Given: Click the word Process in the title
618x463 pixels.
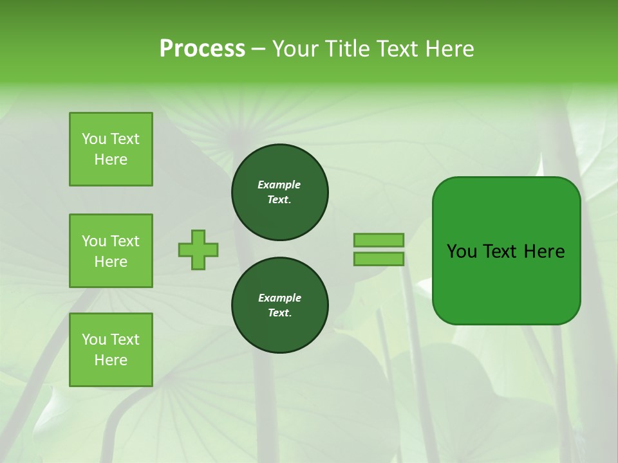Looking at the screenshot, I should [x=202, y=49].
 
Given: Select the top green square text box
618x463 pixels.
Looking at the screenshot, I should [x=111, y=149].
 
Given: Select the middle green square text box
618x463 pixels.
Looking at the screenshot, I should [x=111, y=251].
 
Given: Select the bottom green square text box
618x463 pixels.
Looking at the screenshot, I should [x=111, y=350].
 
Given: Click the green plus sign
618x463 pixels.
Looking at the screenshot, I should [x=198, y=250].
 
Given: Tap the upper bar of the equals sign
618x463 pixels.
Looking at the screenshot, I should [x=379, y=240].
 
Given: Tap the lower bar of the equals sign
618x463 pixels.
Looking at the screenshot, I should [x=379, y=259].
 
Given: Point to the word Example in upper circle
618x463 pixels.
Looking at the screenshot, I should [x=279, y=185].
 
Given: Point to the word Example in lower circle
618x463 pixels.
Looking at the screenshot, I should [x=279, y=298].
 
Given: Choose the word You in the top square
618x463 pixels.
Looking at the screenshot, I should [x=93, y=139].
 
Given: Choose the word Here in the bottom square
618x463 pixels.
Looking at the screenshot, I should [x=111, y=360].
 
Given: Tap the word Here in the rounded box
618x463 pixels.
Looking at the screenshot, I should [x=544, y=251].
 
